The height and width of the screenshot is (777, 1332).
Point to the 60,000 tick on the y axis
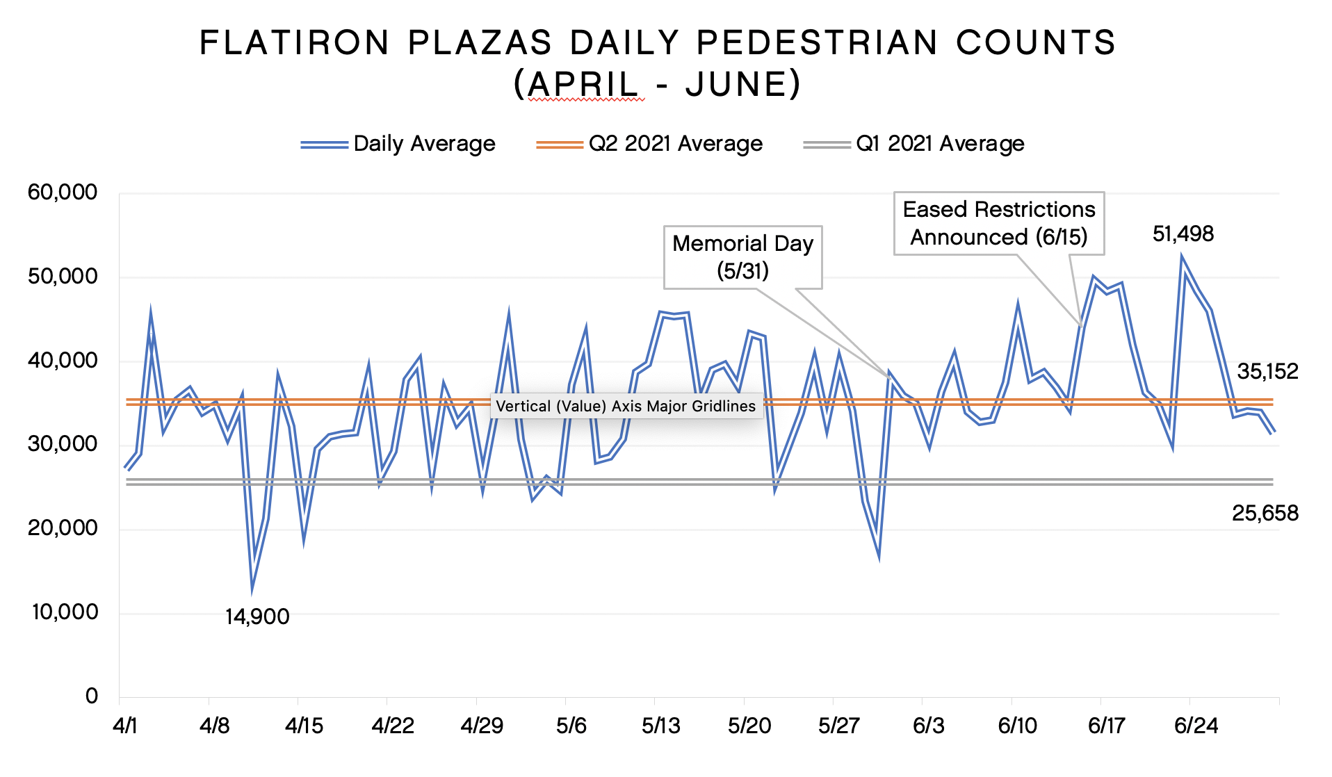[x=63, y=193]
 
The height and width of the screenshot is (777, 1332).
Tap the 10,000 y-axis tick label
[x=65, y=612]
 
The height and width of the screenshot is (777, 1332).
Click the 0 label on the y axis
[x=92, y=696]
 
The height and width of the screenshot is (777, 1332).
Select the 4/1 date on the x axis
[x=125, y=726]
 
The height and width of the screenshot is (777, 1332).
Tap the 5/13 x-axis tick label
[x=660, y=726]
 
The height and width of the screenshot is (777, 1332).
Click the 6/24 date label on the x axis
[x=1196, y=726]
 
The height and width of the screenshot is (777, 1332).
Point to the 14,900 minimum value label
[x=257, y=617]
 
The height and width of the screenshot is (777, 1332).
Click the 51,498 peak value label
[x=1183, y=234]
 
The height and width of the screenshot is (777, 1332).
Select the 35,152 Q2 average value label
[x=1267, y=372]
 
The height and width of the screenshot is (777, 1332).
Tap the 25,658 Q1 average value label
[x=1265, y=514]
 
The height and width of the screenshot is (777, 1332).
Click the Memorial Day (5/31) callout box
[x=742, y=257]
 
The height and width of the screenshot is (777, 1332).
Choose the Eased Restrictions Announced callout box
[x=998, y=223]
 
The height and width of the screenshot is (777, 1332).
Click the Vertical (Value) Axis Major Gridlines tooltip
[x=626, y=407]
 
